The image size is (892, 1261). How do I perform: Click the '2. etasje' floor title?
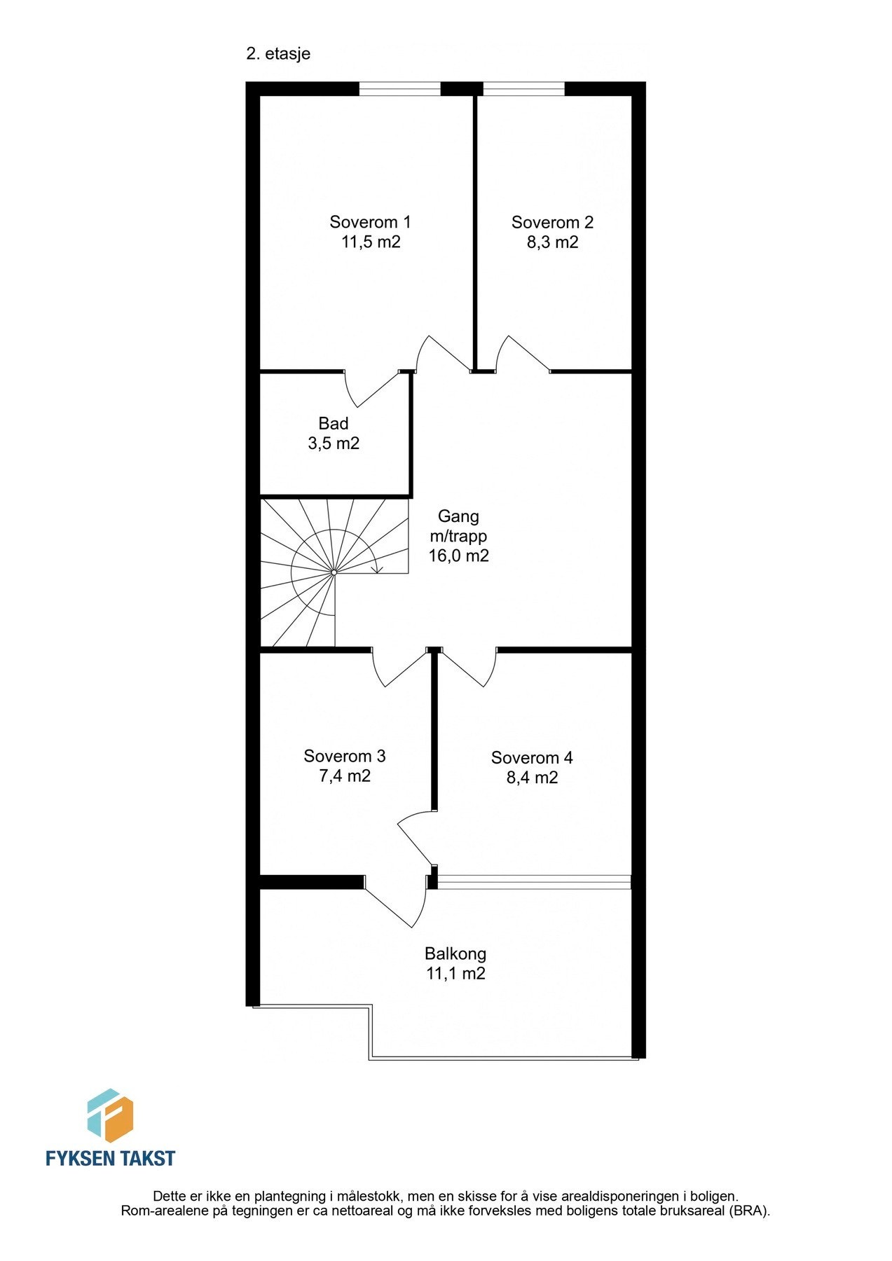tap(278, 54)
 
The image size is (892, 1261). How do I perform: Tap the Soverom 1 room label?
tap(370, 222)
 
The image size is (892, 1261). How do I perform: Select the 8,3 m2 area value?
tap(553, 242)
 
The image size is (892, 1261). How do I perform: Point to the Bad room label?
tap(334, 423)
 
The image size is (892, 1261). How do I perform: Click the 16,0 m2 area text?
tap(459, 556)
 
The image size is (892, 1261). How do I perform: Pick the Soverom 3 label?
tap(345, 757)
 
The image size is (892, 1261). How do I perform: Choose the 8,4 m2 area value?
tap(533, 778)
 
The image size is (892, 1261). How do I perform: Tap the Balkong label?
tap(455, 953)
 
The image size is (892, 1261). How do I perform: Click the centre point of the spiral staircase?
tap(334, 572)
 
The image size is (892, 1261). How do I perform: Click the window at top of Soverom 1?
tap(399, 88)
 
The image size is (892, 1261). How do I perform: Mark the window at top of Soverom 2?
tap(523, 88)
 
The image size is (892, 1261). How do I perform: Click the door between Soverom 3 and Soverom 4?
tap(413, 839)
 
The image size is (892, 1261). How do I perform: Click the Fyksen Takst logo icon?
tap(110, 1115)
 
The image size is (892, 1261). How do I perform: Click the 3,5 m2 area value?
tap(334, 443)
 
